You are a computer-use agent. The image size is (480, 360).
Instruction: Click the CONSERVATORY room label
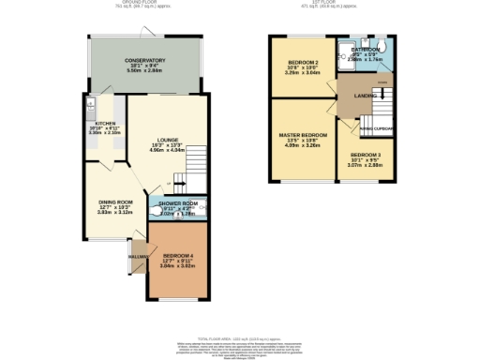point(145,60)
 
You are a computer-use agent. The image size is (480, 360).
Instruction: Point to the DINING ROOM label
point(115,202)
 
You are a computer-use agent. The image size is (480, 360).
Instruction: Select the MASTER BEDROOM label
point(302,135)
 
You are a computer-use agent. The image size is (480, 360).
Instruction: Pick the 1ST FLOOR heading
point(331,4)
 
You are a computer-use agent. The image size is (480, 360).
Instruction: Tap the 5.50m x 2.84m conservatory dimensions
point(145,71)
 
